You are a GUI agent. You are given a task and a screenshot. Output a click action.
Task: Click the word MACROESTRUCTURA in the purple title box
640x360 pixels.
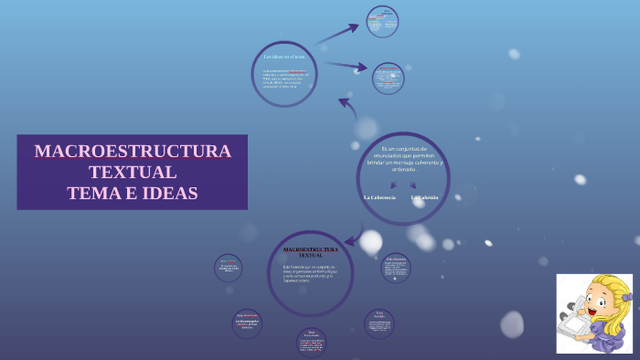point(133,152)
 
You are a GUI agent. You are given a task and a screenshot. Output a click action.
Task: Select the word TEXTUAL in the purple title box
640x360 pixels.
point(133,172)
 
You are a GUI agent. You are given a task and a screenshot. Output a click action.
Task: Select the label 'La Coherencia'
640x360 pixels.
point(379,197)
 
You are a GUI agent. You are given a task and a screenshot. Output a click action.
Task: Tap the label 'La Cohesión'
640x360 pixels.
point(425,197)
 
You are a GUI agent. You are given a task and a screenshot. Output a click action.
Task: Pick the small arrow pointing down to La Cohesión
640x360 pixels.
point(412,185)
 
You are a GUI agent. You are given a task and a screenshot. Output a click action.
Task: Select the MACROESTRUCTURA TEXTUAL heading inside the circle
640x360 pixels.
point(311,251)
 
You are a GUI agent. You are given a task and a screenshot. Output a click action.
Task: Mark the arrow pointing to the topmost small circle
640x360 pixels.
point(338,33)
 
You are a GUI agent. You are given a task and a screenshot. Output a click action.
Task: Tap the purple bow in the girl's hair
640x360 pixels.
point(626,297)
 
